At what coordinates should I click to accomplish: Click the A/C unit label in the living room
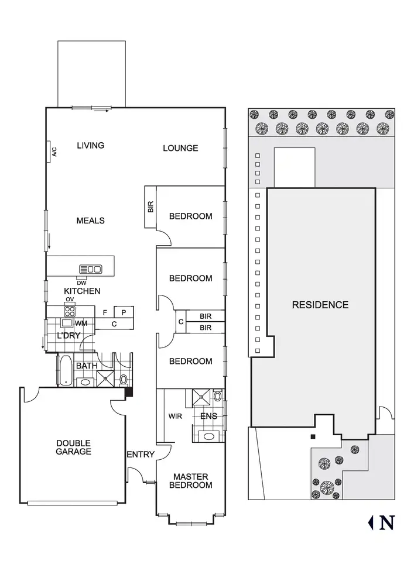[x=54, y=152]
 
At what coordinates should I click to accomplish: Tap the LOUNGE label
[x=180, y=148]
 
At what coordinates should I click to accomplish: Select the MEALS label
[x=91, y=221]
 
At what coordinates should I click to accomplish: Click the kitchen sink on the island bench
[x=91, y=269]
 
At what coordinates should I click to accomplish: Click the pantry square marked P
[x=124, y=312]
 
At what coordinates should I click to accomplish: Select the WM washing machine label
[x=80, y=323]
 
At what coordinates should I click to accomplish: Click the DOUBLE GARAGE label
[x=74, y=448]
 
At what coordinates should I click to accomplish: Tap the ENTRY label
[x=141, y=455]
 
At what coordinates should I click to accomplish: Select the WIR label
[x=175, y=417]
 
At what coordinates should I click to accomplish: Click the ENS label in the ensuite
[x=208, y=417]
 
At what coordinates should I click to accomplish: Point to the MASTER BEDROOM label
[x=191, y=481]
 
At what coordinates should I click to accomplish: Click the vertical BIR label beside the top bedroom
[x=150, y=207]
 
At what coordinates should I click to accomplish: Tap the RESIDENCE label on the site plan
[x=320, y=305]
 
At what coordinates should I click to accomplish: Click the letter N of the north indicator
[x=386, y=522]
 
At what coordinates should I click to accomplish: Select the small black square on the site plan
[x=313, y=436]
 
